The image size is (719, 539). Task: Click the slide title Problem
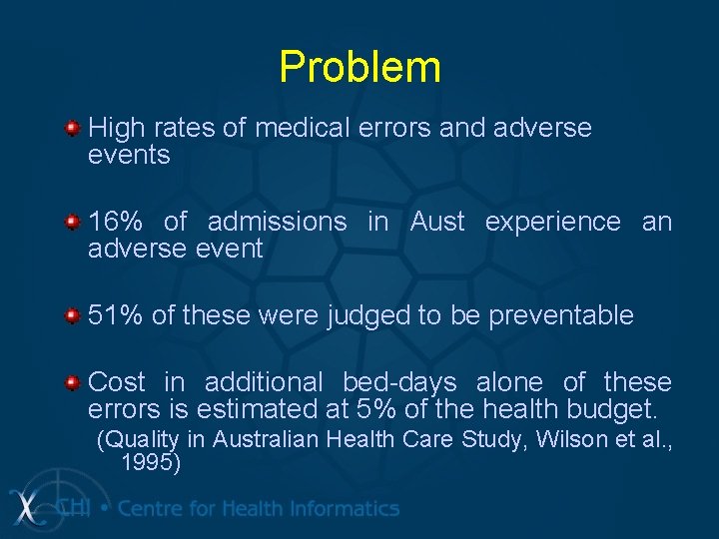359,67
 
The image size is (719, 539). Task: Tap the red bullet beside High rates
72,129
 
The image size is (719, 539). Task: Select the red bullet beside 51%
72,316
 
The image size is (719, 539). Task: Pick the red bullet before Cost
72,382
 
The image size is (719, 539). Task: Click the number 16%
116,222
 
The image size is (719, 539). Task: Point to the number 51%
116,315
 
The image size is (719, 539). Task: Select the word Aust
437,222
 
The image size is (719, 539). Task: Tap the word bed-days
399,381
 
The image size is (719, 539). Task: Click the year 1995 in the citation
146,462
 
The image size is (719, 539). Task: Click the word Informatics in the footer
341,508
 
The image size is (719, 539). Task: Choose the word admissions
278,222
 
